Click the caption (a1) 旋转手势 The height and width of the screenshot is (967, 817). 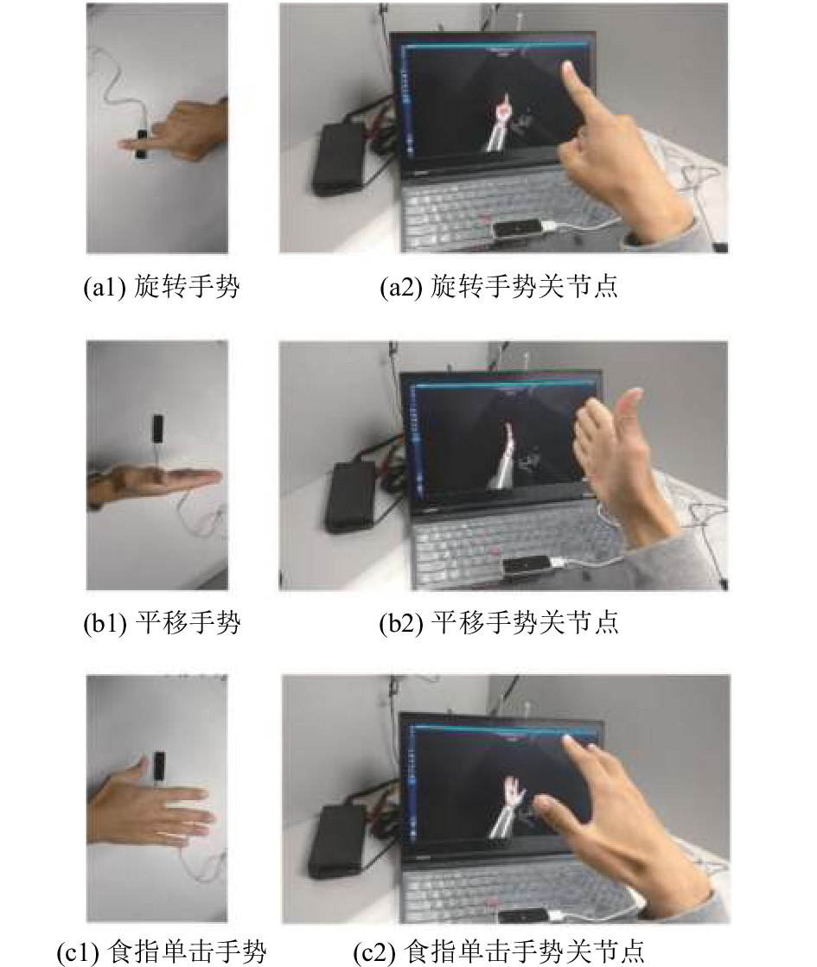click(x=162, y=287)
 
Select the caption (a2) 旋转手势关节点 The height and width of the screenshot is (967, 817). click(x=499, y=287)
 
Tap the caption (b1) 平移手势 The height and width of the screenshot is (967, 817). click(x=162, y=623)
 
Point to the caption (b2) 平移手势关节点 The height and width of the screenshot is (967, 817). click(x=499, y=623)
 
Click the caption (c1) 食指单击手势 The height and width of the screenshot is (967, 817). click(x=162, y=952)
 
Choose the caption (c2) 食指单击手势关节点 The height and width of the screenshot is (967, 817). click(x=499, y=952)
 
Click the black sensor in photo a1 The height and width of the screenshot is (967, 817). click(x=142, y=145)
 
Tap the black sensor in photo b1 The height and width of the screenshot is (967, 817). click(x=158, y=429)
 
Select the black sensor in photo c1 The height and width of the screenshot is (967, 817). click(x=159, y=767)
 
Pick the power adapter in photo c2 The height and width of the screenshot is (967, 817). click(x=337, y=841)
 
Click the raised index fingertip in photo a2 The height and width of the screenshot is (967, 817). click(x=567, y=67)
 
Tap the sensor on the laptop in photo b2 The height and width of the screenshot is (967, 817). click(x=526, y=565)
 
